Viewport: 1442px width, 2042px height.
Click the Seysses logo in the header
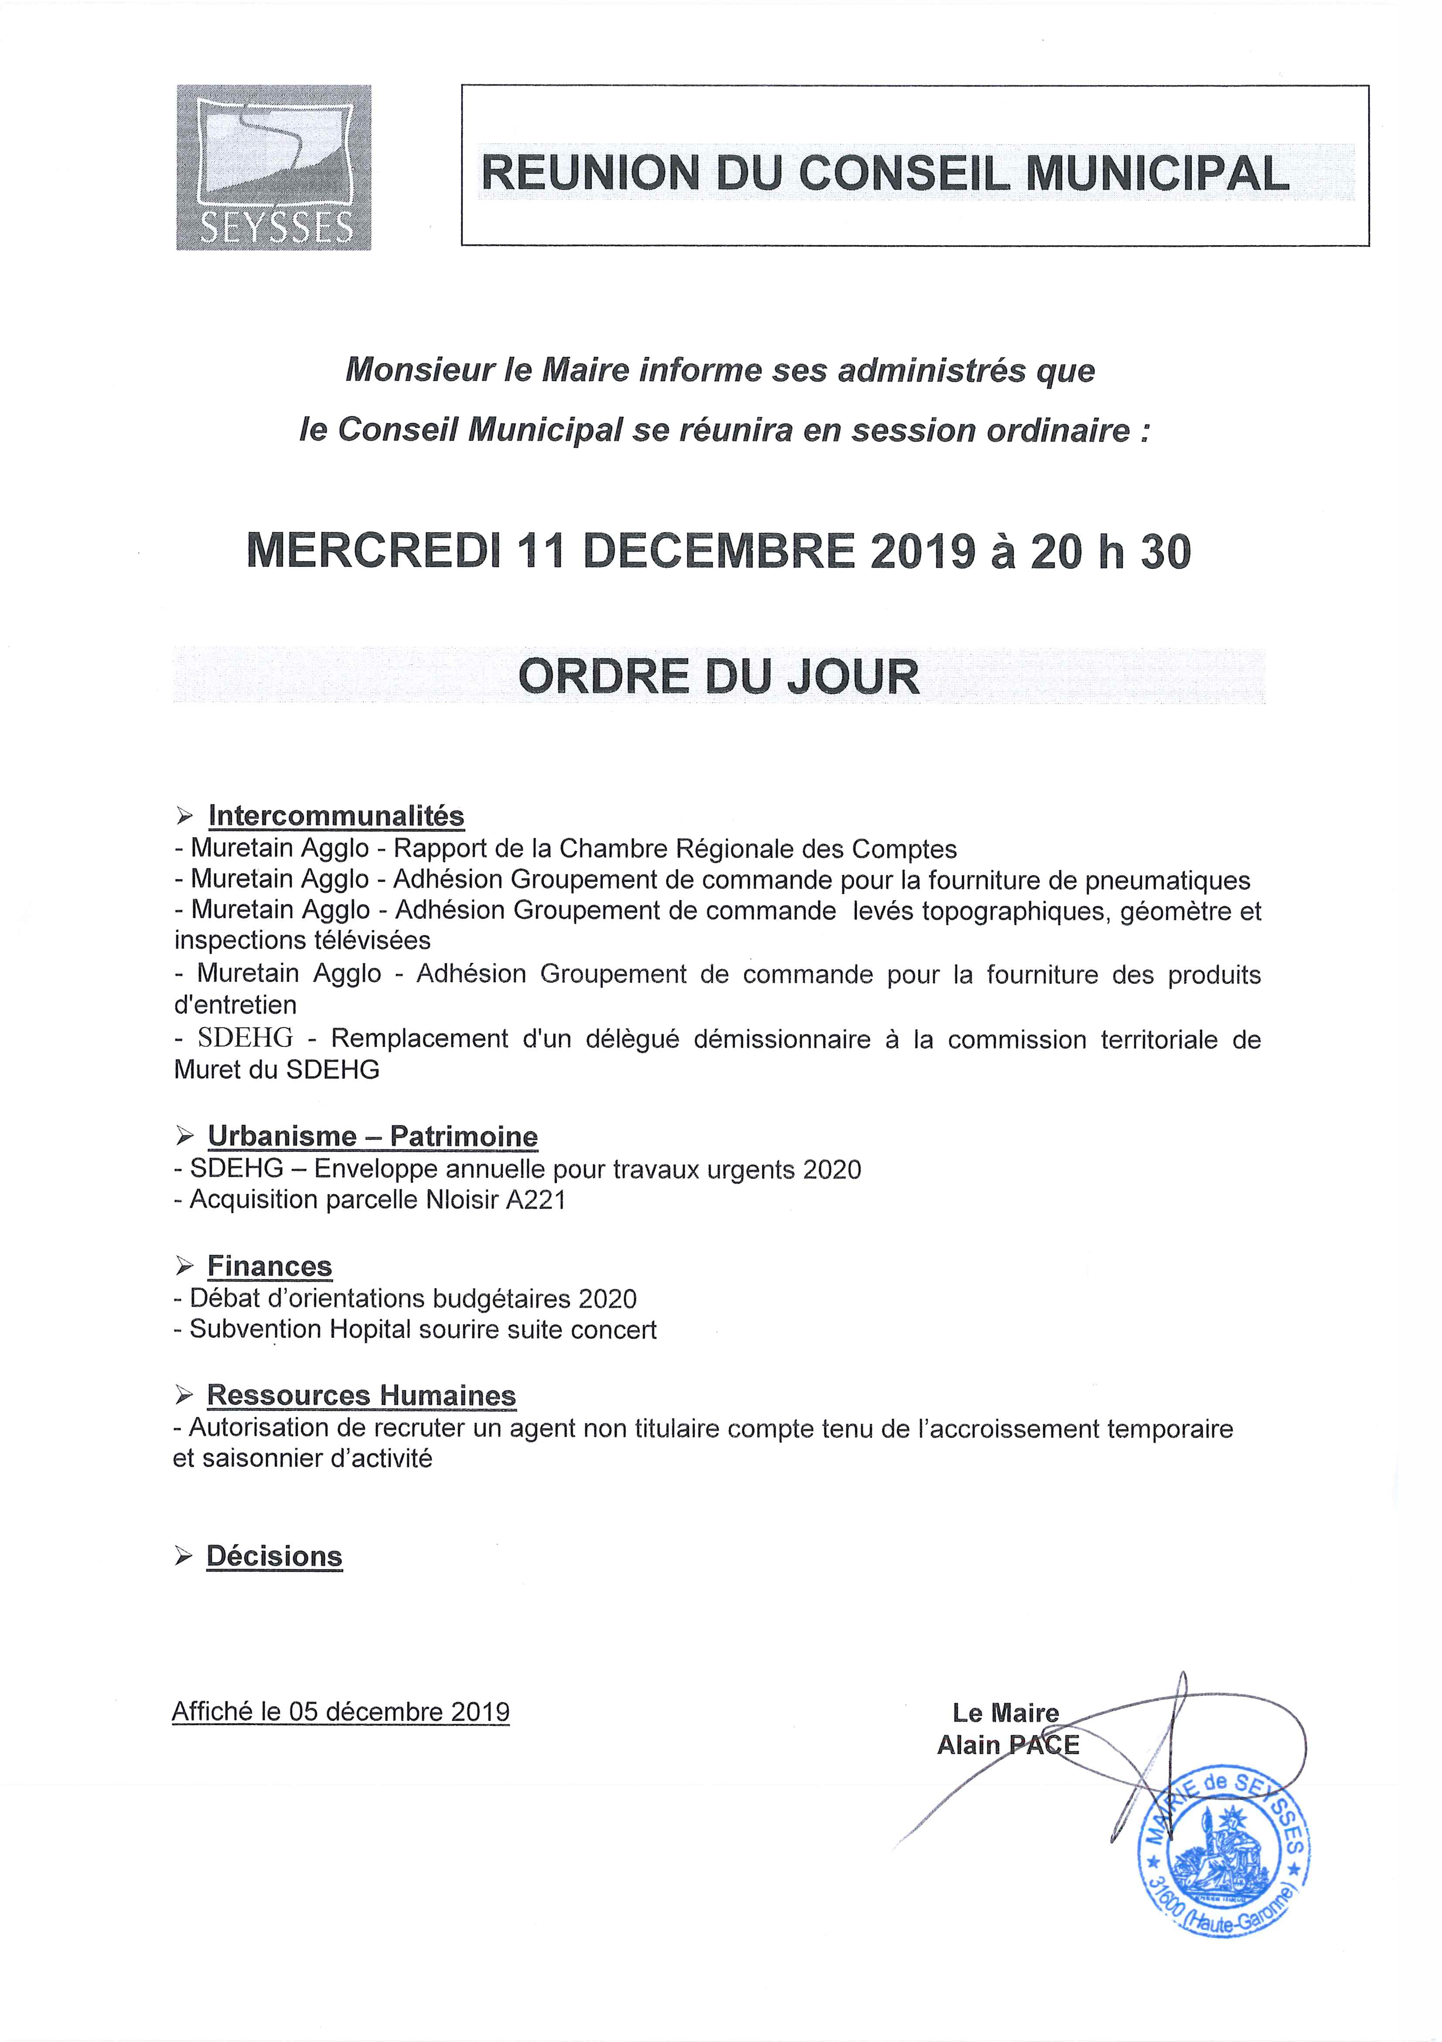tap(274, 167)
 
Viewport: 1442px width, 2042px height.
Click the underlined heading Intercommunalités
tap(336, 815)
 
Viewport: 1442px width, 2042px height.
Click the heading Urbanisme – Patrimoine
tap(372, 1137)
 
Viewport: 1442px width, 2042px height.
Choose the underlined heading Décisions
tap(274, 1556)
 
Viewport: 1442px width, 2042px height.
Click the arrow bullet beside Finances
tap(184, 1266)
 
